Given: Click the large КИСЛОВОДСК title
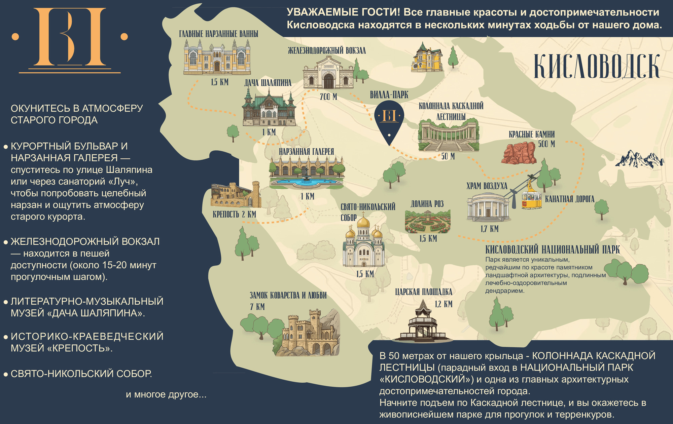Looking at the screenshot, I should click(x=597, y=66).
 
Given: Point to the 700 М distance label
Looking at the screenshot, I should click(x=328, y=97).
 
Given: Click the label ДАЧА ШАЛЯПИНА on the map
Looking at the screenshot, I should click(x=268, y=83).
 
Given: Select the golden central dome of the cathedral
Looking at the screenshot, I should click(x=363, y=223).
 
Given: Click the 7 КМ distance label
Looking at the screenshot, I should click(x=257, y=307).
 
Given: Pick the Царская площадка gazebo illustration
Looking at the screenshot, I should click(x=423, y=323).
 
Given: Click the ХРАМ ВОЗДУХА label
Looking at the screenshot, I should click(x=487, y=186).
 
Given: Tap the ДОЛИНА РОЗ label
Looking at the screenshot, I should click(x=427, y=204).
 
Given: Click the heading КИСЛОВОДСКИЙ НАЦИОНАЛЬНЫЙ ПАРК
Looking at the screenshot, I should click(x=552, y=250).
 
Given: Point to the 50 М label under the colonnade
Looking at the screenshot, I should click(x=448, y=156).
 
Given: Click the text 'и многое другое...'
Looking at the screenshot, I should click(x=166, y=394).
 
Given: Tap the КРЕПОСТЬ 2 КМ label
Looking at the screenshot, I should click(x=234, y=214).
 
